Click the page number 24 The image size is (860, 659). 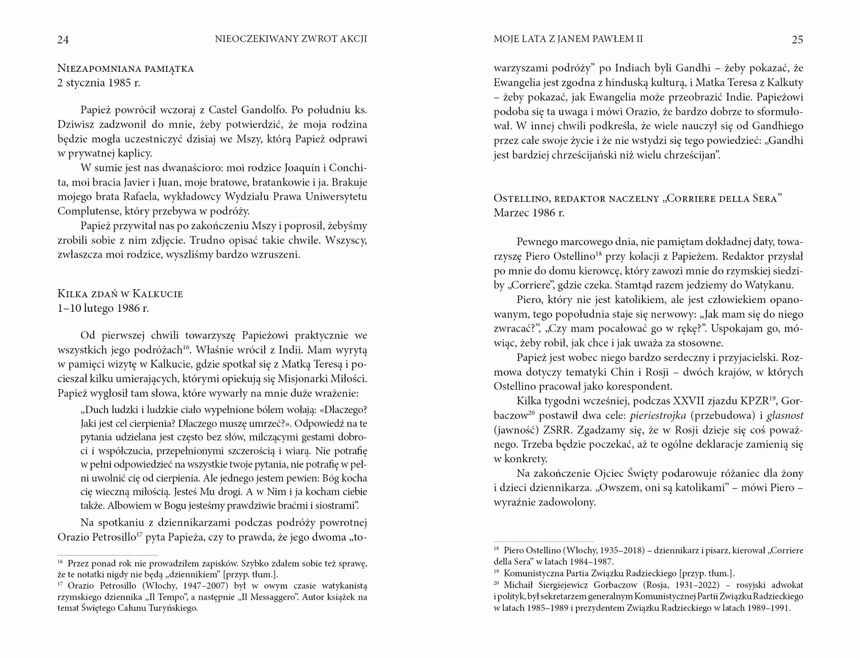63,39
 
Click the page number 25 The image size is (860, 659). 797,39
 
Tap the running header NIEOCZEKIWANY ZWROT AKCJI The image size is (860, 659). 291,39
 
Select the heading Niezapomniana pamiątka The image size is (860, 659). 126,68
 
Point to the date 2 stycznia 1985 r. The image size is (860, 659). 99,83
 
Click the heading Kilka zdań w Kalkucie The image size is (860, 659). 120,293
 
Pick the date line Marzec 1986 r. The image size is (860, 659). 529,213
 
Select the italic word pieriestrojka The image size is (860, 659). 658,416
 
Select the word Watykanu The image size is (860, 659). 769,285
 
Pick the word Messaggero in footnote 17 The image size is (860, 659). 268,597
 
